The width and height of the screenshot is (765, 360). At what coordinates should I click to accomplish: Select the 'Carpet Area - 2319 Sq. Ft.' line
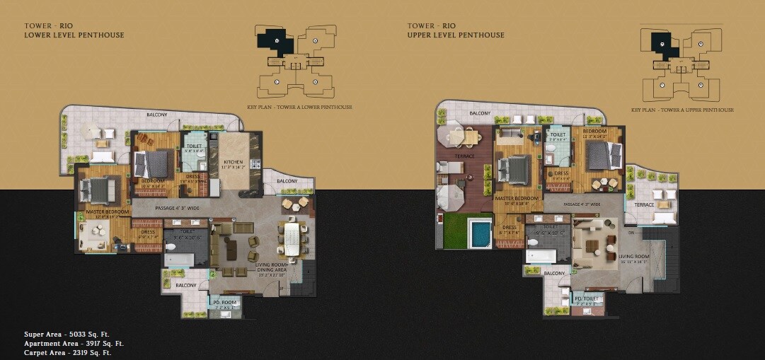(x=67, y=352)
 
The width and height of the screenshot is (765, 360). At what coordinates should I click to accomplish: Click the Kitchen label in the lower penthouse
(x=232, y=163)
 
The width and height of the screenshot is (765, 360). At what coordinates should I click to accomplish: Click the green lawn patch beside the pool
(x=455, y=231)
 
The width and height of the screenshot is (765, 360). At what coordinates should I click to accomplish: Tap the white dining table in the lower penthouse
(x=291, y=238)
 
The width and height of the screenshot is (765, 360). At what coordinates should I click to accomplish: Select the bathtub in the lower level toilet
(x=179, y=260)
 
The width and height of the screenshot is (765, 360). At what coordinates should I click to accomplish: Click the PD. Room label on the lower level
(x=225, y=303)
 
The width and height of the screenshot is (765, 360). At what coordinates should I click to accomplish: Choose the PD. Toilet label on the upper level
(x=587, y=298)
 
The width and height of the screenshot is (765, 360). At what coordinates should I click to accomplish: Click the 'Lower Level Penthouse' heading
(x=74, y=35)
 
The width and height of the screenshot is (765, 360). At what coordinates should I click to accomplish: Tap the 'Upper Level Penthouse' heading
(x=456, y=35)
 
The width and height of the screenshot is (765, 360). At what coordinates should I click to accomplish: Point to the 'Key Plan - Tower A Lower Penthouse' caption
(x=304, y=108)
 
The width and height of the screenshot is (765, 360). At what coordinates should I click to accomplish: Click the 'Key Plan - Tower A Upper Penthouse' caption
(x=682, y=110)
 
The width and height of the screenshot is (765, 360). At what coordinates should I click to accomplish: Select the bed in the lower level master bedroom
(x=98, y=190)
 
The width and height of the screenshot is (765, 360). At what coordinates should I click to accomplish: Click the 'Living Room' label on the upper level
(x=633, y=257)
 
